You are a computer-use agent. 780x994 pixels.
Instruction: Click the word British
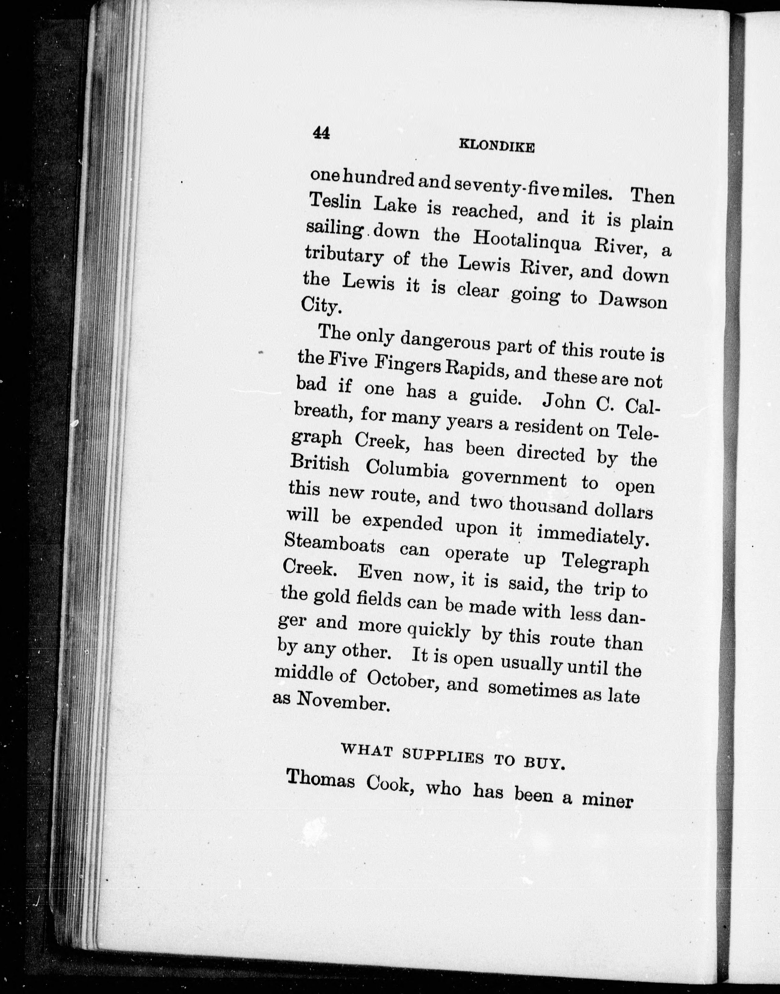point(320,464)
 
